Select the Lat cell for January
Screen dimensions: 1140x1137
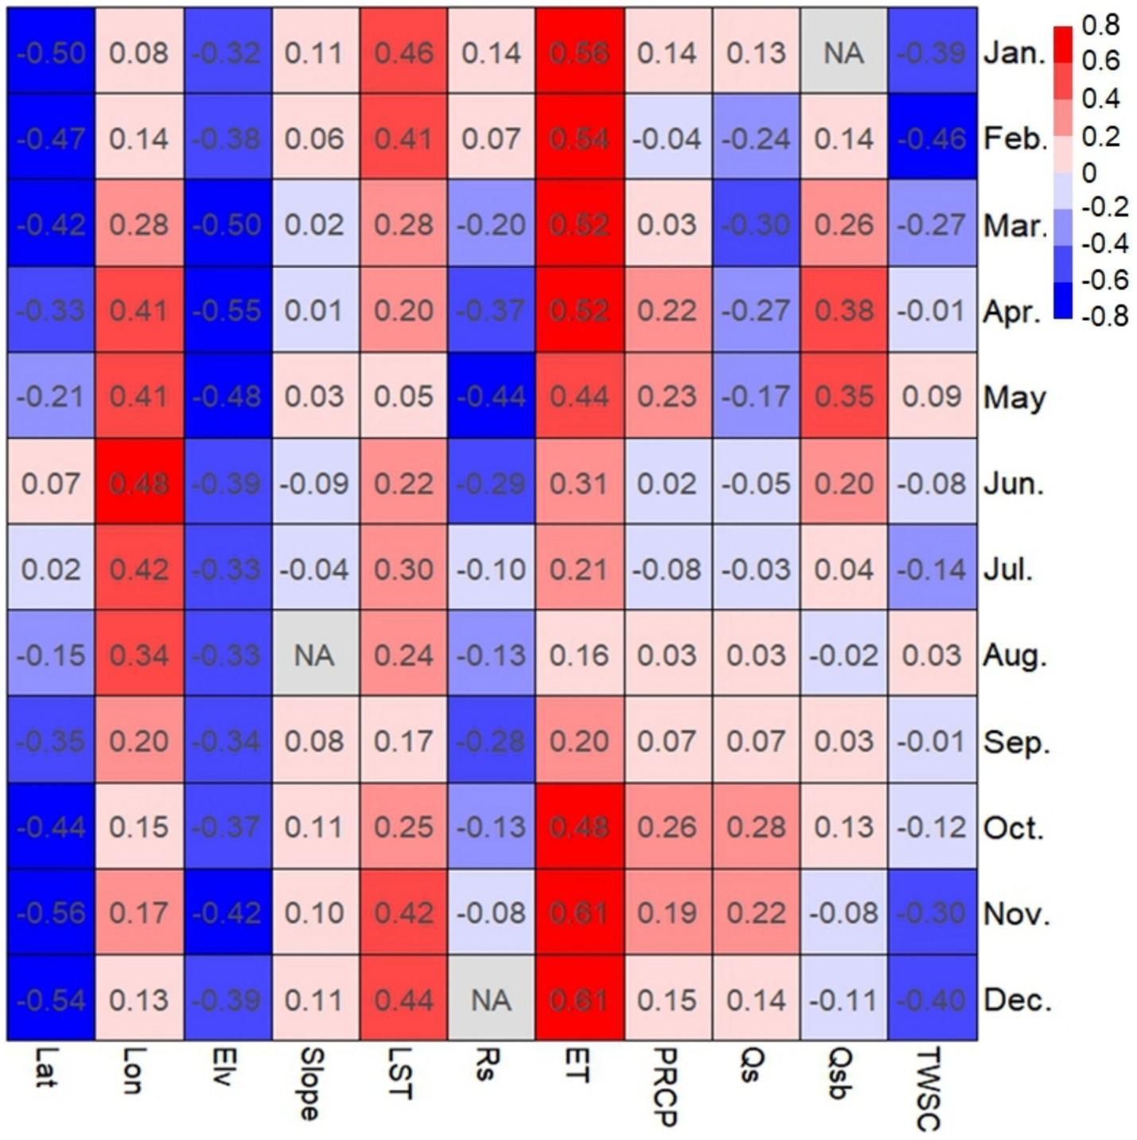pyautogui.click(x=51, y=53)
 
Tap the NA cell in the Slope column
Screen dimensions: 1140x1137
pyautogui.click(x=315, y=655)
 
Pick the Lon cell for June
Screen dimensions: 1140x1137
pyautogui.click(x=139, y=483)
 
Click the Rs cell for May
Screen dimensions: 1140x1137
pyautogui.click(x=492, y=396)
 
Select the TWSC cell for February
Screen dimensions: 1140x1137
pyautogui.click(x=932, y=138)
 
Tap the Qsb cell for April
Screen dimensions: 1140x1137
pyautogui.click(x=844, y=310)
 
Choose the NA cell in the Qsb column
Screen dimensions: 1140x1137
pyautogui.click(x=844, y=53)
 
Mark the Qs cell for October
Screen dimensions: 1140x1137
pyautogui.click(x=756, y=827)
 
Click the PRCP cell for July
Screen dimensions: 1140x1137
pyautogui.click(x=668, y=569)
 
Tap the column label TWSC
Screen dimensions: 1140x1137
pyautogui.click(x=929, y=1088)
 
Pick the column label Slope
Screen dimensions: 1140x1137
pyautogui.click(x=311, y=1084)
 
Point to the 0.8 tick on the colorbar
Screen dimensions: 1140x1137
pyautogui.click(x=1100, y=25)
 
